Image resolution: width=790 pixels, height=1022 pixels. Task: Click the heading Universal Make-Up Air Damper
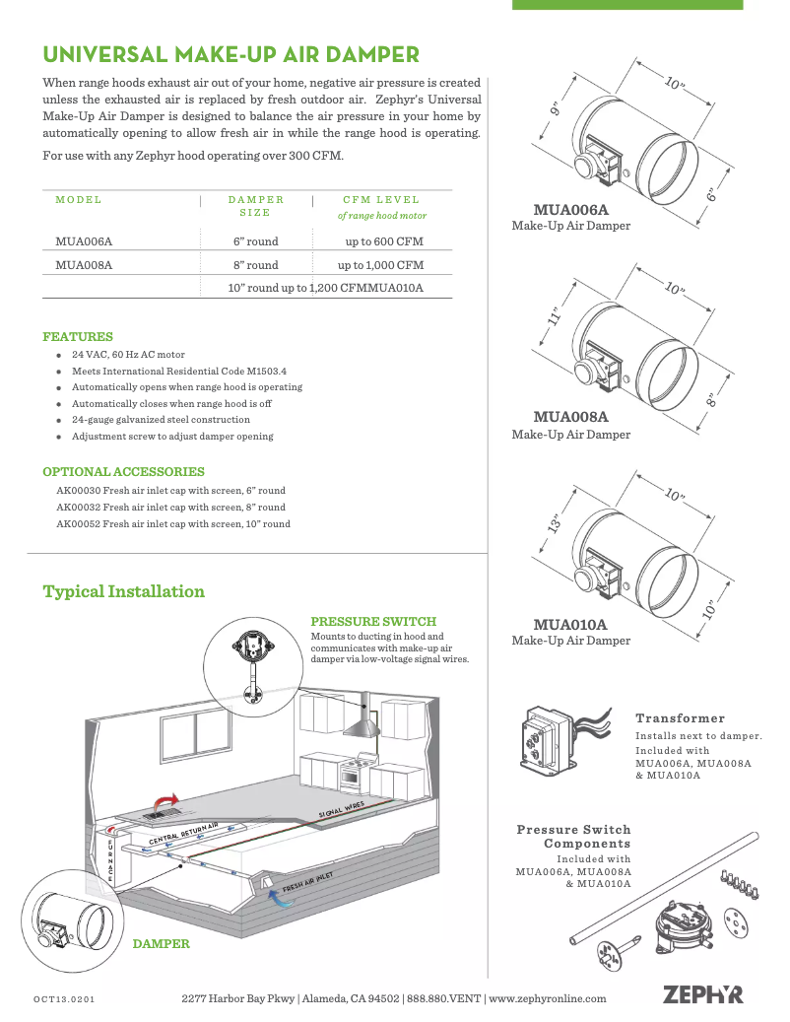point(231,53)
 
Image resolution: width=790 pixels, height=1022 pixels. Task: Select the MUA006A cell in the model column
point(84,240)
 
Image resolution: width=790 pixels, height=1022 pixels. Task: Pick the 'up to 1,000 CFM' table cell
point(380,265)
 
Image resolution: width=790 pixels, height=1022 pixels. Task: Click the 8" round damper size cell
point(255,265)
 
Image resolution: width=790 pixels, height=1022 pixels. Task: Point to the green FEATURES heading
point(78,336)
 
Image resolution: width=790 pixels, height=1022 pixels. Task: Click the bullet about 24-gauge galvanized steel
point(161,420)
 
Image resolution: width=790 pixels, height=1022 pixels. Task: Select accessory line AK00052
point(173,524)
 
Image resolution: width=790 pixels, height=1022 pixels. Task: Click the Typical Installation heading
point(124,591)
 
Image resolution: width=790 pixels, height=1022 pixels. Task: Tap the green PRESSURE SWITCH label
point(373,622)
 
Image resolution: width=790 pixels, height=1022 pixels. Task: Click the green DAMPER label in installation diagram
point(161,943)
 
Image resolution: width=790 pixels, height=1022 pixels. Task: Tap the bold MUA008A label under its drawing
point(570,417)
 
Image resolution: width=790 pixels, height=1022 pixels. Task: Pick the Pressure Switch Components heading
point(573,837)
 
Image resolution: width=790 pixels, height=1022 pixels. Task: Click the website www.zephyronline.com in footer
point(548,998)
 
